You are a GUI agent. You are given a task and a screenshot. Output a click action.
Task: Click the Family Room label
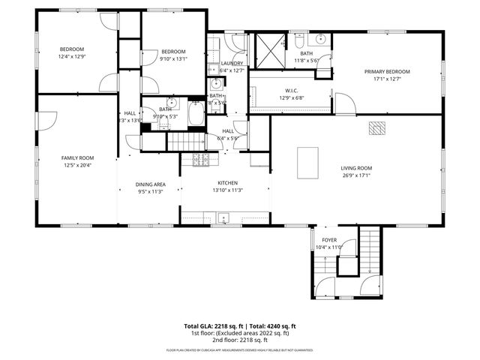pos(77,157)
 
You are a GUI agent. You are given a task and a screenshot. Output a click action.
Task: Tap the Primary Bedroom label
pos(383,72)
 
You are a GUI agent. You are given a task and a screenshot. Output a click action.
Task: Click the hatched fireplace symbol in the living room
pos(376,128)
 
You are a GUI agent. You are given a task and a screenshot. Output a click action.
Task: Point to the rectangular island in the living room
pos(307,163)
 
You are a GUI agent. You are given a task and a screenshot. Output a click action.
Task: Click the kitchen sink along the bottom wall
pos(223,218)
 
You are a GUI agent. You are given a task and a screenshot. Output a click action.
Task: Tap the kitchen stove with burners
pos(200,159)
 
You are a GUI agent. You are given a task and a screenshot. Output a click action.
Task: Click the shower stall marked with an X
pos(268,50)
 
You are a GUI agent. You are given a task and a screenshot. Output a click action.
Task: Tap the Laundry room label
pos(232,63)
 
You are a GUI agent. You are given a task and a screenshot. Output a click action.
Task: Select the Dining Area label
pos(150,184)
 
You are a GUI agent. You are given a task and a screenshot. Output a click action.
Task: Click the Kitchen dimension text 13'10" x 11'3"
pos(227,190)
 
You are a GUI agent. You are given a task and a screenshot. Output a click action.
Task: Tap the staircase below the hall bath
pos(184,139)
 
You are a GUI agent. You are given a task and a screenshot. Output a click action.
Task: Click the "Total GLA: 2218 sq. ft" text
pos(211,326)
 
